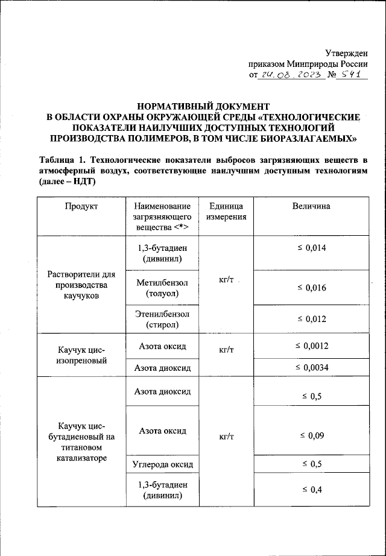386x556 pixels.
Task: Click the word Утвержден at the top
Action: pos(346,53)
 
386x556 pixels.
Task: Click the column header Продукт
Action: pos(81,206)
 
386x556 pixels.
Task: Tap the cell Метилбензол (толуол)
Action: pos(162,288)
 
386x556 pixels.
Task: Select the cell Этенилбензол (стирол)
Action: pos(162,320)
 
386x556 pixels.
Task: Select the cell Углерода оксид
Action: pos(162,464)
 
